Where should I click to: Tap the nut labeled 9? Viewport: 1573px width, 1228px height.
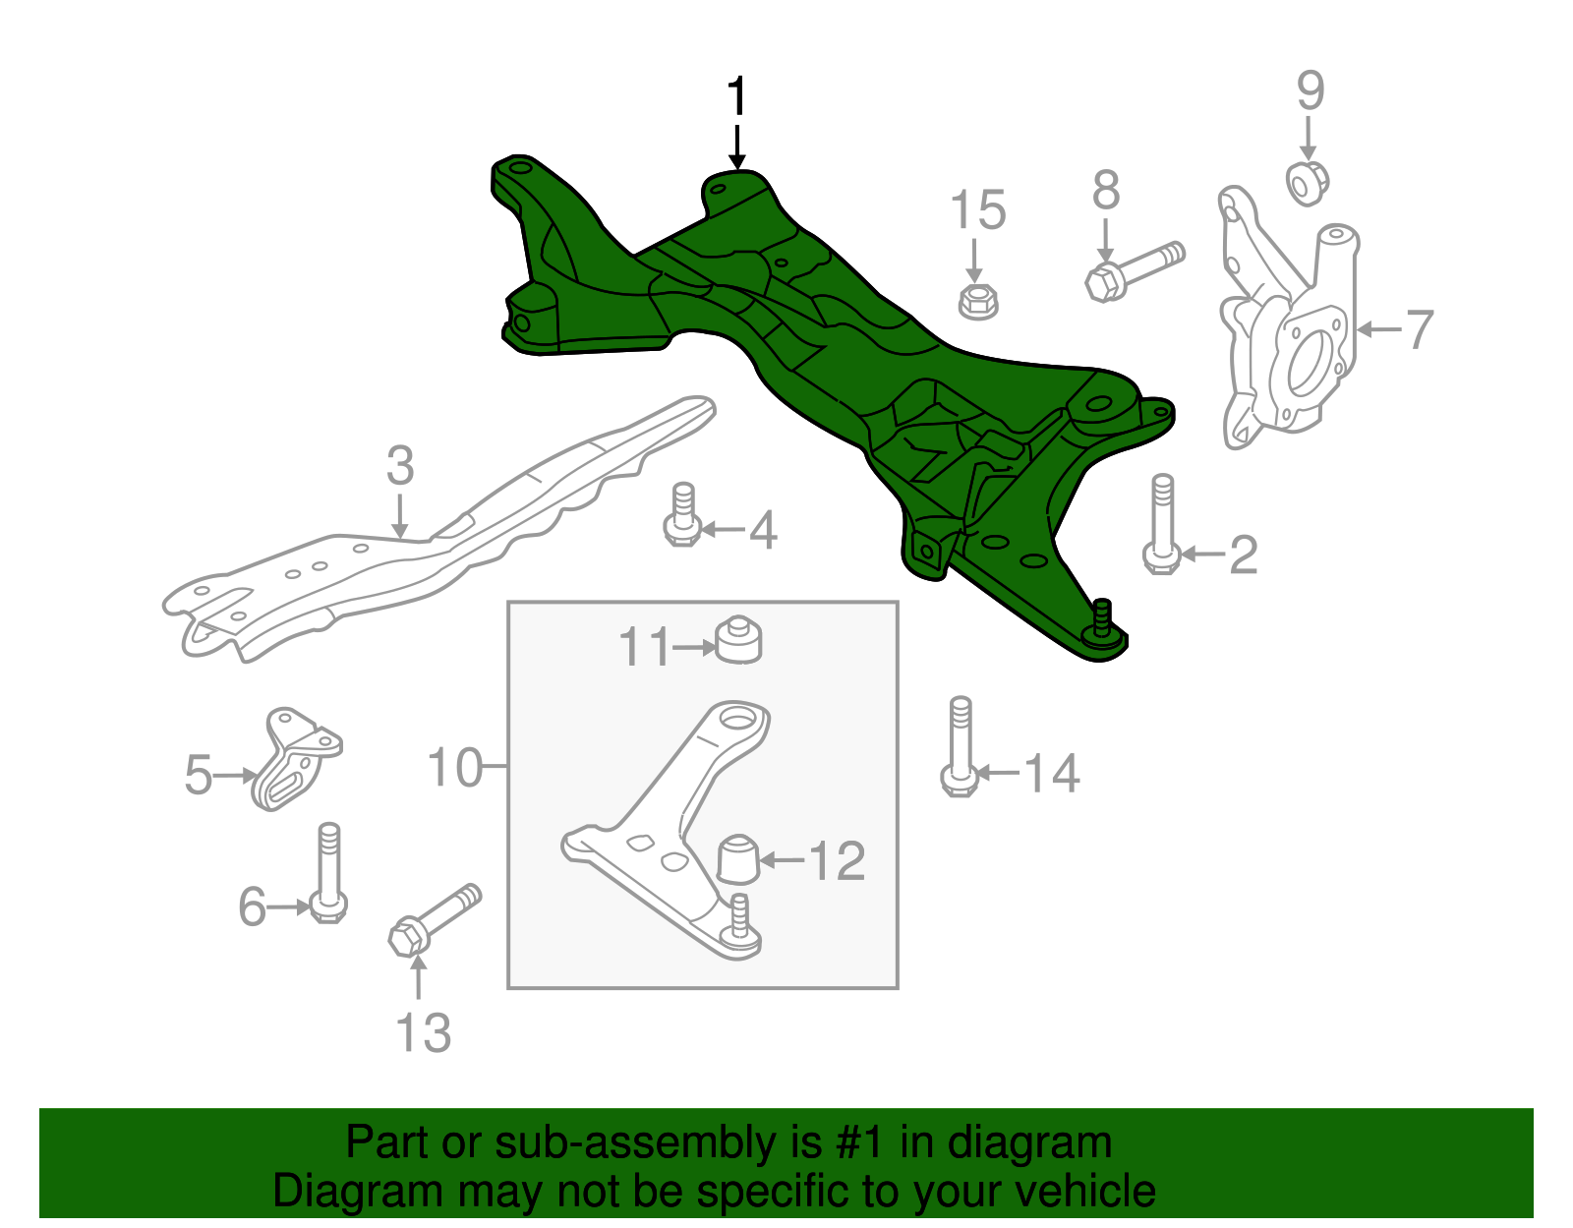click(x=1308, y=183)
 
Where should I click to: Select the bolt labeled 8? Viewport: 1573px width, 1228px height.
click(x=1134, y=270)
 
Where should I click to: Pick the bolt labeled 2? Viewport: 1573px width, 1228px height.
click(x=1162, y=526)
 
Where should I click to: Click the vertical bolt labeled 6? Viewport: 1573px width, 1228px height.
click(x=328, y=875)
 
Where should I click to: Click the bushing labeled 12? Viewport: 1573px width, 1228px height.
click(x=738, y=857)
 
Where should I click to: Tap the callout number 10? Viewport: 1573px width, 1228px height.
click(x=455, y=767)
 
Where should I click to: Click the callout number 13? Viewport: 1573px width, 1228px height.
click(x=423, y=1033)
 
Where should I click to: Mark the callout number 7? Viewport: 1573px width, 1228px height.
click(x=1419, y=329)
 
